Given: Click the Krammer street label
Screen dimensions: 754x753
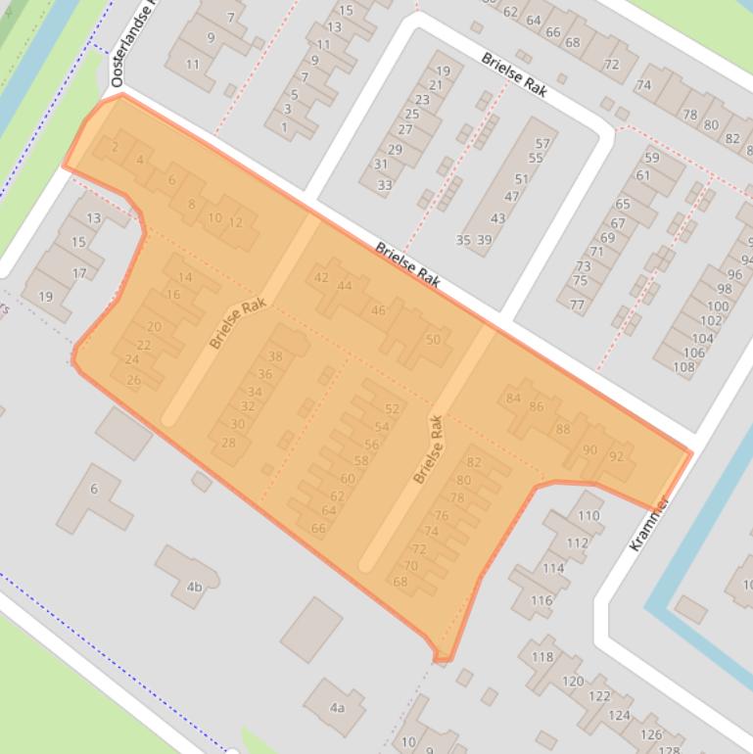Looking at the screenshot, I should coord(649,524).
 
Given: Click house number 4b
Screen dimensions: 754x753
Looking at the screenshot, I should coord(194,587).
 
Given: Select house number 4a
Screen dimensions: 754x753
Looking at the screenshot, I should coord(337,707).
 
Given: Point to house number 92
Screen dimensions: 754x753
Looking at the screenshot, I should coord(616,456).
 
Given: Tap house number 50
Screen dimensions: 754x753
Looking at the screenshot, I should coord(433,339).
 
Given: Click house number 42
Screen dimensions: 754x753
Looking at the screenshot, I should coord(321,277).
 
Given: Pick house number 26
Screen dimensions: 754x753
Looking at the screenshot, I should coord(133,380).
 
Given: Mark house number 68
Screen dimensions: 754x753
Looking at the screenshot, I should coord(400,581).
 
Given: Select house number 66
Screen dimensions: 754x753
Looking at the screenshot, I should coord(318,528).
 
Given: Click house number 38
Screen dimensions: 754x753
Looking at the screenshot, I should coord(275,356).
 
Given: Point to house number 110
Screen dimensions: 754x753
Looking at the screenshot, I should coord(588,515).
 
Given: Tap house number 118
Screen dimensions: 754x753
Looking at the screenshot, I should coord(541,657).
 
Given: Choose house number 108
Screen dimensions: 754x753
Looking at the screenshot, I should coord(683,367).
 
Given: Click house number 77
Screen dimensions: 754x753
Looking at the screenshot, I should coord(577,305).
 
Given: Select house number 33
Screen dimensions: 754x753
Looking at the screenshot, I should coord(384,184).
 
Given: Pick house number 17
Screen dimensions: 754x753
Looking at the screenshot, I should coord(79,273).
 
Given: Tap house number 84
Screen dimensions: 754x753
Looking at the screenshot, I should coord(513,398).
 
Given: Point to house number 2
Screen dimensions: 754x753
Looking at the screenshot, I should coord(116,147).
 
